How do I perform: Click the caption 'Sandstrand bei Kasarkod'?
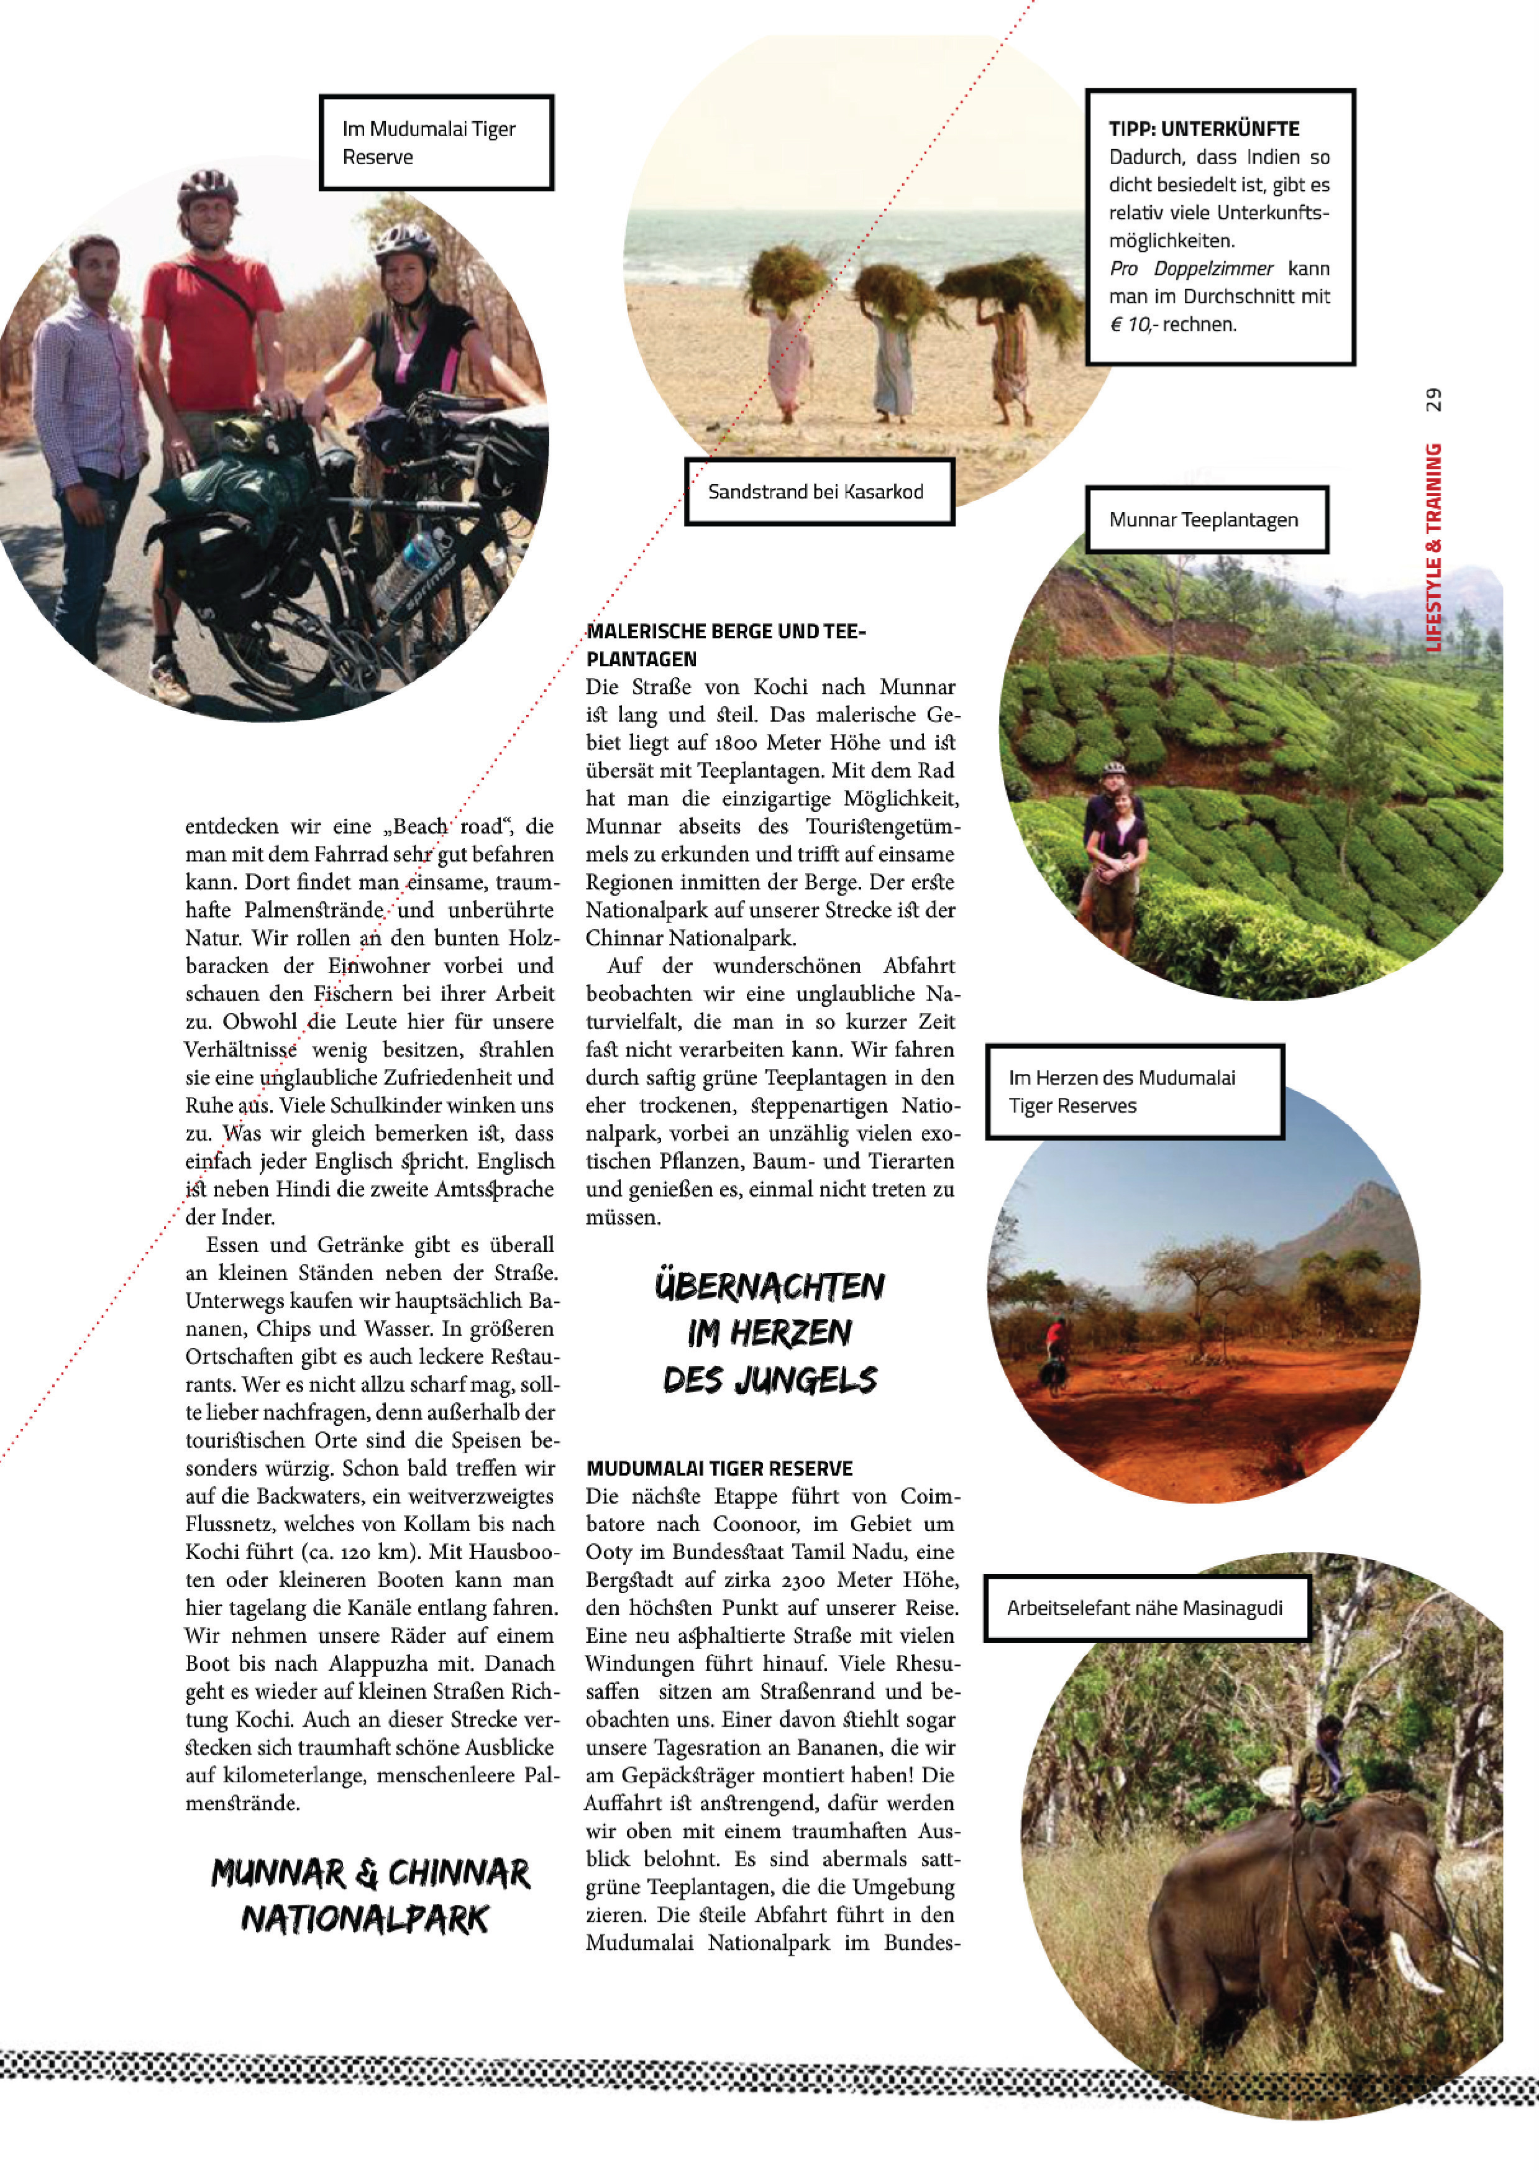tap(815, 491)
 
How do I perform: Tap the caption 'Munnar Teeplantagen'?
tap(1203, 520)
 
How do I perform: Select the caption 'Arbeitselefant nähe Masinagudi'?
tap(1144, 1608)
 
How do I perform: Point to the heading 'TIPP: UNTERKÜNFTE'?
tap(1203, 129)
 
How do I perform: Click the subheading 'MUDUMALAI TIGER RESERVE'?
tap(719, 1469)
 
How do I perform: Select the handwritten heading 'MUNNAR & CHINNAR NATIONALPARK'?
tap(370, 1896)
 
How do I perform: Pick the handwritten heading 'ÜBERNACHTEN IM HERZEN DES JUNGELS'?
tap(769, 1332)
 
